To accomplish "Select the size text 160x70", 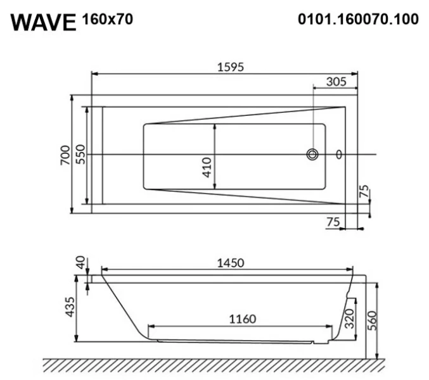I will point(107,20).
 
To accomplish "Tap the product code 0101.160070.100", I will point(357,20).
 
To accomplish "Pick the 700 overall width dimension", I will point(66,154).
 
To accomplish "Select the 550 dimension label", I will point(80,154).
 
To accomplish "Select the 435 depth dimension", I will point(70,307).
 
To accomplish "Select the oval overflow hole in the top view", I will point(338,154).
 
